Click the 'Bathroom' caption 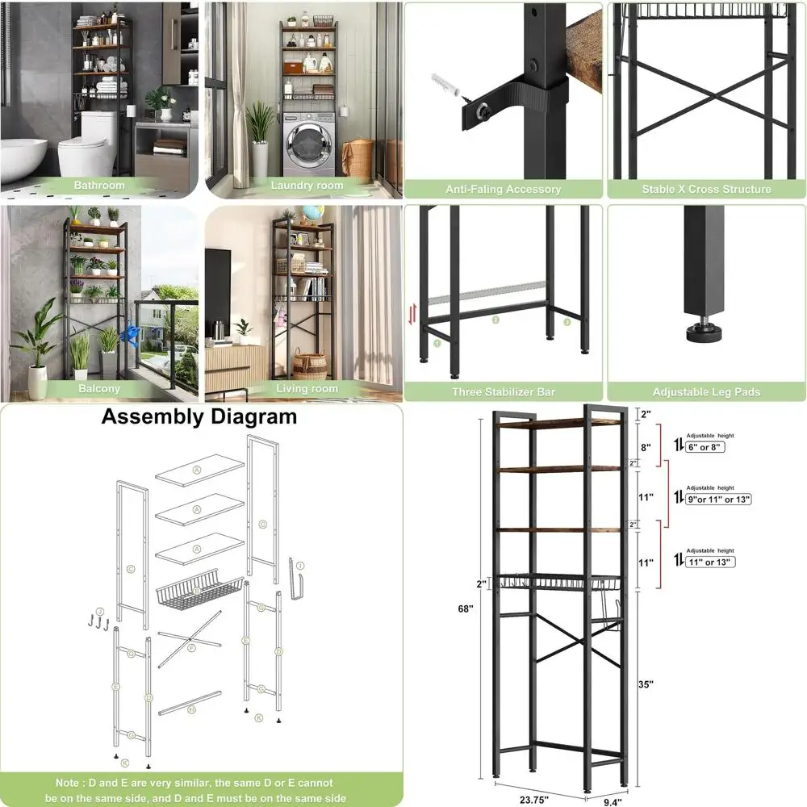click(x=99, y=186)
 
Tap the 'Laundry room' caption click(x=307, y=186)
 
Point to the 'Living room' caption click(x=307, y=388)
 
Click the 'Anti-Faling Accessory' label click(x=504, y=190)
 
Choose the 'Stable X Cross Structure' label click(x=706, y=190)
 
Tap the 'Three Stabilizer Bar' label click(x=504, y=392)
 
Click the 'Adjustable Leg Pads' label click(x=706, y=392)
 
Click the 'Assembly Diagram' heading click(x=199, y=417)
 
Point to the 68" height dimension click(x=466, y=608)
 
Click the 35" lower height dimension click(x=646, y=684)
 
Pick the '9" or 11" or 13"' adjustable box click(x=719, y=499)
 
